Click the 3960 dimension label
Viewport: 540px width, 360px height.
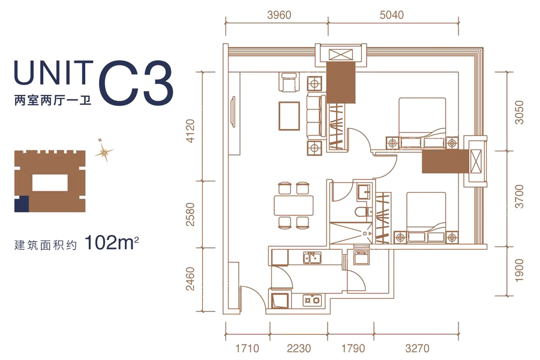[279, 15]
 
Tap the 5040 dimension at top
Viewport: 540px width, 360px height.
[392, 15]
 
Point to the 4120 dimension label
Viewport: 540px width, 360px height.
[190, 131]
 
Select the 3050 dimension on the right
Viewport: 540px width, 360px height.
[518, 112]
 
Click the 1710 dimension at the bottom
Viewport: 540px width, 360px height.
[247, 348]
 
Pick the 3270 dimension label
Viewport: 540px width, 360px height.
[418, 348]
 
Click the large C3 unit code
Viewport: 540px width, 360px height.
[136, 84]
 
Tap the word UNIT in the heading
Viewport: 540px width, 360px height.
[54, 73]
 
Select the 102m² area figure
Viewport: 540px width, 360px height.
[111, 243]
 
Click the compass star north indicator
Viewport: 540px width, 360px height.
[104, 151]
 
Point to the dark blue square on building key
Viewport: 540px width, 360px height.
[22, 203]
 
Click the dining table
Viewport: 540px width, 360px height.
[294, 205]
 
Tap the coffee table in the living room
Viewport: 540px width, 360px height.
[289, 116]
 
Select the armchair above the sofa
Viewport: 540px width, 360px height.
[289, 82]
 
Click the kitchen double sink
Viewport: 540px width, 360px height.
[313, 257]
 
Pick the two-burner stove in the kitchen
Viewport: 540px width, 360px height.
[312, 300]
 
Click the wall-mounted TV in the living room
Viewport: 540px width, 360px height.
[233, 112]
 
